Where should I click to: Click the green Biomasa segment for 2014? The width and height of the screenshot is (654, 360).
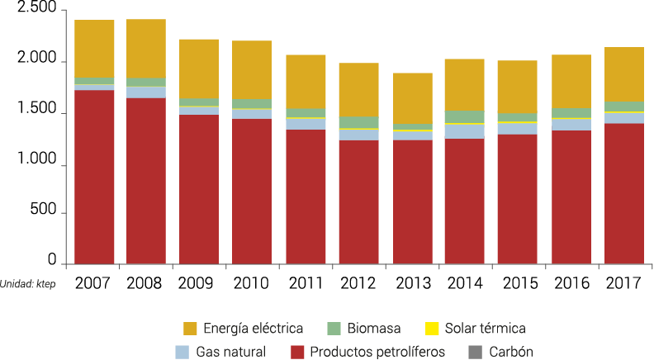[464, 116]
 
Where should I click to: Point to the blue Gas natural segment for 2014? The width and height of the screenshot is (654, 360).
[464, 131]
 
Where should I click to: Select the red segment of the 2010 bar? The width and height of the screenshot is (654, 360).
[252, 191]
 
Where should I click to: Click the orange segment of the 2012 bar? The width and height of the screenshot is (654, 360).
[358, 89]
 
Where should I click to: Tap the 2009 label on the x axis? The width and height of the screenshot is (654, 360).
[198, 283]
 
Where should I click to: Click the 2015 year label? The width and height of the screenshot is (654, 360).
[516, 283]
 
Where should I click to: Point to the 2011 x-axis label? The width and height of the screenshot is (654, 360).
[305, 283]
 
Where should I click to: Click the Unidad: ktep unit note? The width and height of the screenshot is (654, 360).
[32, 283]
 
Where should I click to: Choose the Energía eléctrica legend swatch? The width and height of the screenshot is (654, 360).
[191, 328]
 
